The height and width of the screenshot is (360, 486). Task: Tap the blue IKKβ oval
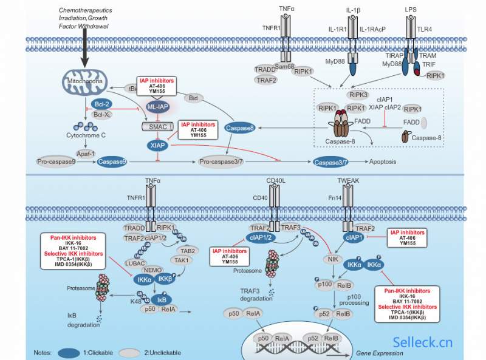[166, 280]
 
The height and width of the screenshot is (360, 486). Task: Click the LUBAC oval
[135, 262]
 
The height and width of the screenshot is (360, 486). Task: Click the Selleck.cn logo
[423, 343]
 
